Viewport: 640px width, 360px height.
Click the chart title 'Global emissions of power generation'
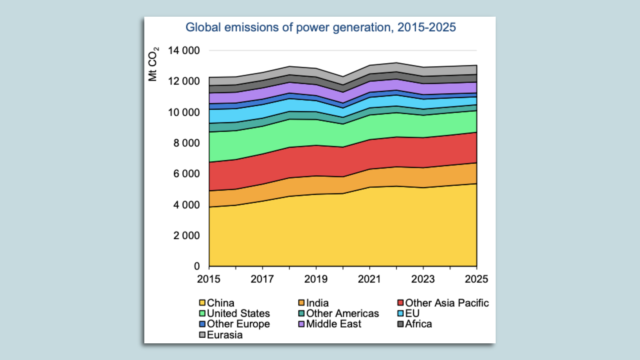[x=320, y=27]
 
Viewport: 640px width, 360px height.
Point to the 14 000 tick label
[x=184, y=51]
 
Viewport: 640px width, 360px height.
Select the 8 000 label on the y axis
[x=186, y=143]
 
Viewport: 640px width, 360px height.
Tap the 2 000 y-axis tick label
[x=186, y=236]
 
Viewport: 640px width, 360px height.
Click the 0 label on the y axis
[x=197, y=266]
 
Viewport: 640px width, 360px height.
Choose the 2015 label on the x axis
[x=209, y=279]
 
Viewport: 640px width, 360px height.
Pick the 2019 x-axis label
[x=316, y=279]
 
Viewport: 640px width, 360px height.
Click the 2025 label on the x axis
[x=476, y=279]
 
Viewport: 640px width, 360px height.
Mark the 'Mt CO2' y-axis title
[x=153, y=64]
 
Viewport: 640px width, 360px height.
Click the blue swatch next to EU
[x=401, y=313]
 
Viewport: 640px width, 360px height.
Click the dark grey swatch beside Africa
[x=401, y=324]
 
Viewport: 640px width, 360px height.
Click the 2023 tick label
[x=423, y=279]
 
